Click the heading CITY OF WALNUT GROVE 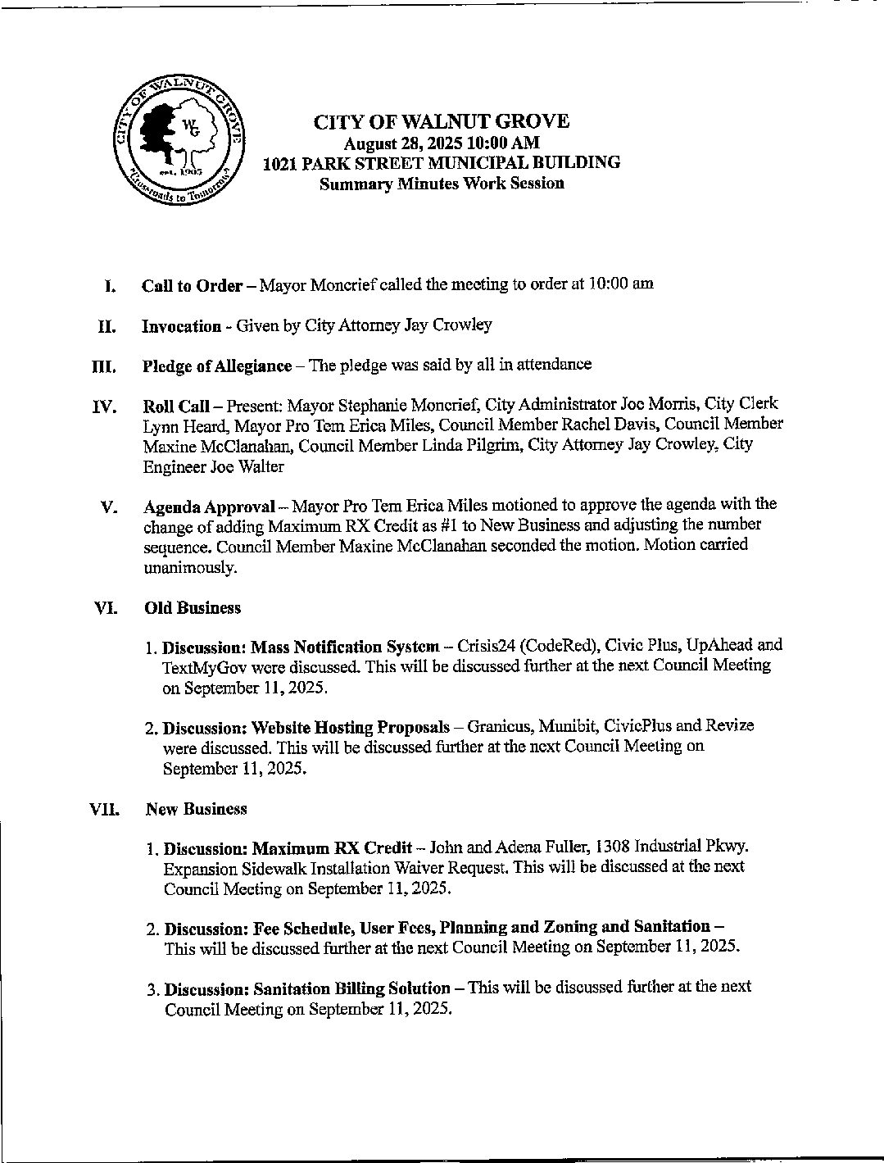click(x=441, y=122)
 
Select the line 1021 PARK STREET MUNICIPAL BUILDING click(x=441, y=162)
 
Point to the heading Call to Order click(x=192, y=285)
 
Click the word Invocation click(x=181, y=326)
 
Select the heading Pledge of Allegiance click(x=216, y=366)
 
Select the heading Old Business click(x=193, y=608)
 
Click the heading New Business click(x=196, y=809)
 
